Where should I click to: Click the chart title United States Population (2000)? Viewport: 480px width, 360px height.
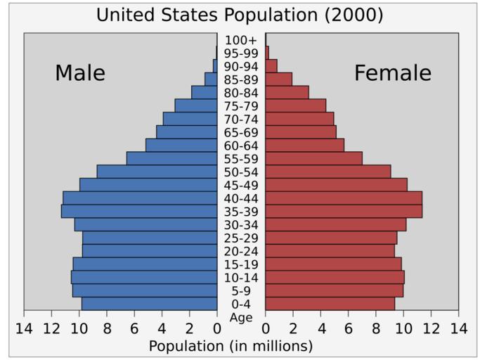click(x=240, y=15)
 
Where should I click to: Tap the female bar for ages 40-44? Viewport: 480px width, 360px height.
click(x=344, y=198)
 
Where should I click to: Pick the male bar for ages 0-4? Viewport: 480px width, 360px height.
click(x=149, y=304)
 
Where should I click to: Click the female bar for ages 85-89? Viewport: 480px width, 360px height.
click(x=278, y=79)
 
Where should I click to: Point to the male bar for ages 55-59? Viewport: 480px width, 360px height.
click(x=171, y=158)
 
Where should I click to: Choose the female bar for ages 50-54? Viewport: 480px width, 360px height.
click(x=327, y=172)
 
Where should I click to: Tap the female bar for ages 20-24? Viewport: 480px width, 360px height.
click(x=330, y=251)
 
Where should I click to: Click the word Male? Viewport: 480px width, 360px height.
click(x=80, y=73)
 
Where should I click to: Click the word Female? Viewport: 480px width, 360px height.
click(x=392, y=73)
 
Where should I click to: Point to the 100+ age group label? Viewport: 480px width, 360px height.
click(x=241, y=40)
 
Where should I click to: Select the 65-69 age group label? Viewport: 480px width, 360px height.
click(x=241, y=132)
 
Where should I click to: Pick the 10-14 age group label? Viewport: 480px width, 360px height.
click(x=241, y=278)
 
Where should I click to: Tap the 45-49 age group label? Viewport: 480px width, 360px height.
click(x=241, y=185)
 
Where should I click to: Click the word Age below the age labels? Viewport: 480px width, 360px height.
click(x=241, y=317)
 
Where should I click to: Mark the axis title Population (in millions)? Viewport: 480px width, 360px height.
click(x=231, y=346)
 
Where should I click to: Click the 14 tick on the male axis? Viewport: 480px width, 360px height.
click(x=24, y=328)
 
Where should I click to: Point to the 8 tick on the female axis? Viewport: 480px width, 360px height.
click(x=376, y=328)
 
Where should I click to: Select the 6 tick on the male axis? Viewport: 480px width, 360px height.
click(x=134, y=328)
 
